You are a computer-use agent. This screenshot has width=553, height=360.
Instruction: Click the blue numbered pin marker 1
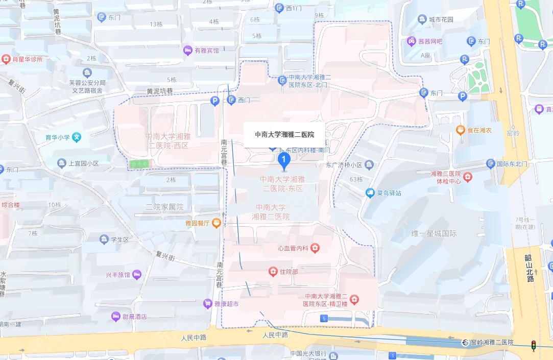[x=284, y=162]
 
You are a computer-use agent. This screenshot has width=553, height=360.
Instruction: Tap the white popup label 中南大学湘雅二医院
[x=284, y=135]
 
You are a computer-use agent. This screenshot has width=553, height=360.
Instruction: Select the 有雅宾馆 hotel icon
[x=187, y=51]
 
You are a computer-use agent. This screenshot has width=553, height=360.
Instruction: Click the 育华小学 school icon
[x=77, y=137]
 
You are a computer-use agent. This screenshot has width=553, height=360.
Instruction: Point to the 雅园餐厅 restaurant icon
[x=217, y=223]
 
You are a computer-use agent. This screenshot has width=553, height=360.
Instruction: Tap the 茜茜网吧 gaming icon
[x=411, y=40]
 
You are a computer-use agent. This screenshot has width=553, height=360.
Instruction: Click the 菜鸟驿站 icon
[x=370, y=193]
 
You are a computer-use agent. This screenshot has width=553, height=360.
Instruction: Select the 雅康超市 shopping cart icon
[x=207, y=303]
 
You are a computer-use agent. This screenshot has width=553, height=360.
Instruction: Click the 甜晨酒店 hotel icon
[x=116, y=317]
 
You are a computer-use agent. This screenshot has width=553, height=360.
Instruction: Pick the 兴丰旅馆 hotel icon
[x=137, y=274]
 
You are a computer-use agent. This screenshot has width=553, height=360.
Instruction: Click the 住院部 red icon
[x=273, y=271]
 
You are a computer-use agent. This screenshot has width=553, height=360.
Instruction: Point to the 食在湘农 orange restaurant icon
[x=460, y=130]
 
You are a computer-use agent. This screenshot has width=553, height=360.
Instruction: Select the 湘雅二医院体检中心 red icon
[x=468, y=177]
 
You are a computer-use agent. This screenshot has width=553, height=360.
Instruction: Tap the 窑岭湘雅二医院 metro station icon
[x=465, y=342]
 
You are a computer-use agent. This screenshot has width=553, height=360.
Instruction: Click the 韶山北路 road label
[x=530, y=268]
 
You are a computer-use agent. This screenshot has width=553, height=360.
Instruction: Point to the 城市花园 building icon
[x=422, y=20]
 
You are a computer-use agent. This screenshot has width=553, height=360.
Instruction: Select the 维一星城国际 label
[x=434, y=233]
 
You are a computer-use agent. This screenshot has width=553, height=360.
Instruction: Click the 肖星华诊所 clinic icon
[x=6, y=59]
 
